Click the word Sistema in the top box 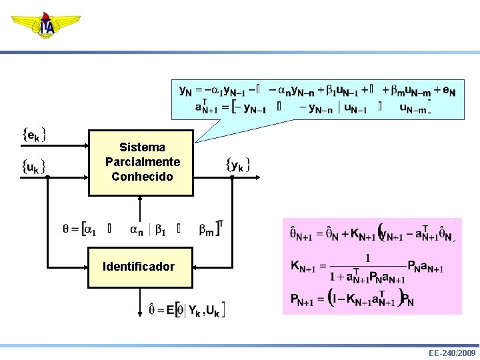click(x=142, y=147)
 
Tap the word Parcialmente click(x=142, y=162)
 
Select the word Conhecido click(x=142, y=177)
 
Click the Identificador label click(x=139, y=267)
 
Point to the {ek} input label click(x=34, y=135)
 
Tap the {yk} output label click(x=238, y=164)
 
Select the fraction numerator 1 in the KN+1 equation click(x=367, y=257)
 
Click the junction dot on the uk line click(x=48, y=177)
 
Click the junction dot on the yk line click(x=231, y=177)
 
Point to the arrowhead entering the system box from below click(x=139, y=199)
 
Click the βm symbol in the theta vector click(x=207, y=230)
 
